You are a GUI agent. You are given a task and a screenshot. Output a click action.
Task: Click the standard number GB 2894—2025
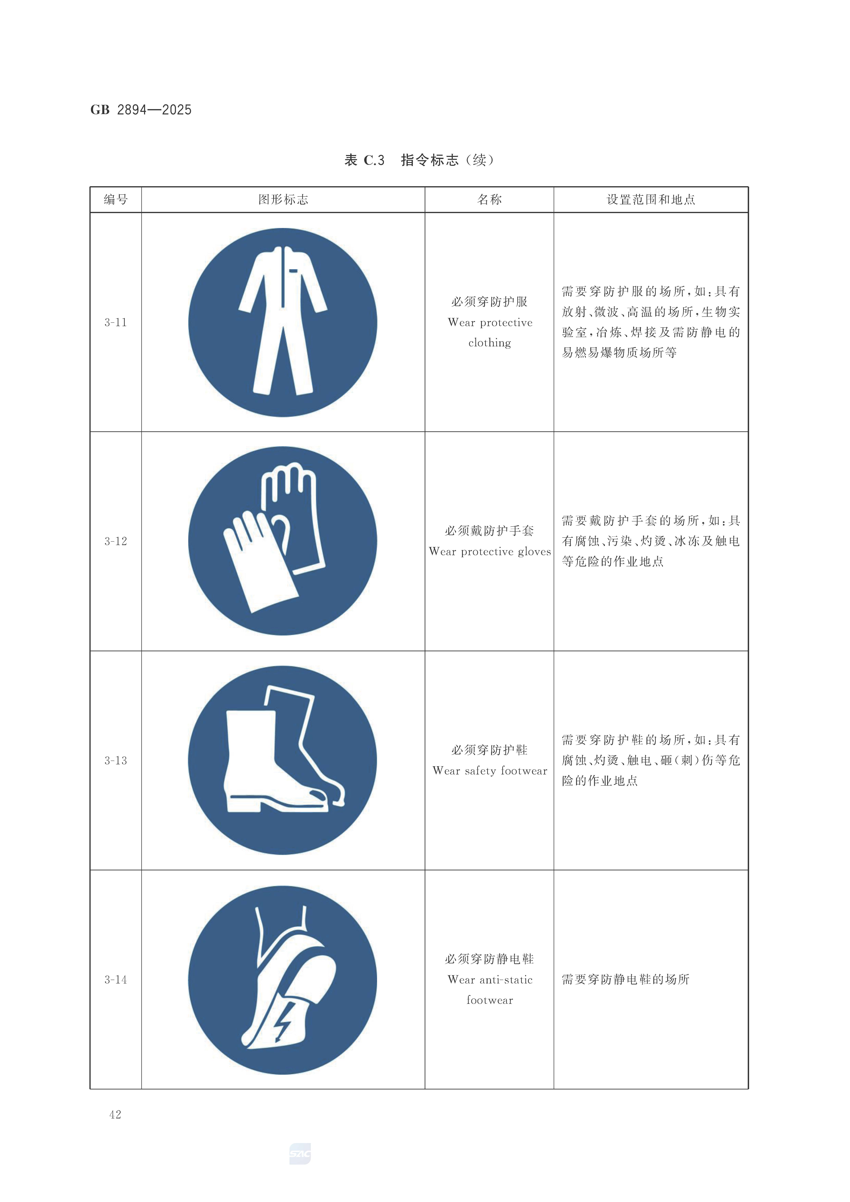tap(141, 110)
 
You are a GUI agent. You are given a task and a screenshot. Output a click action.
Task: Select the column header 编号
tap(116, 199)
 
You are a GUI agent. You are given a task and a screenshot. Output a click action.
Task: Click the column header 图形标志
tap(283, 199)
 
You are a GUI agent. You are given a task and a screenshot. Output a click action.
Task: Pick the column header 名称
tap(489, 199)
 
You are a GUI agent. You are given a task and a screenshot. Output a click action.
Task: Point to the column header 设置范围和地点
tap(651, 199)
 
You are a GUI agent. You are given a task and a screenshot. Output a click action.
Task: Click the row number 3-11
tap(116, 323)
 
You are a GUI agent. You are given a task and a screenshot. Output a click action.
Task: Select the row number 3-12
tap(116, 541)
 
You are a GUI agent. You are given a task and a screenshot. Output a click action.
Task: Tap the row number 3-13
tap(116, 761)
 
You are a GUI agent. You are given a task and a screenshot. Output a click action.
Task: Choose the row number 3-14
tap(116, 979)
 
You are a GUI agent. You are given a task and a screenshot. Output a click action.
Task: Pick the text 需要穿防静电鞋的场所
tap(625, 979)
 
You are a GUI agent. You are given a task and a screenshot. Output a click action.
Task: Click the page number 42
tap(115, 1115)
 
